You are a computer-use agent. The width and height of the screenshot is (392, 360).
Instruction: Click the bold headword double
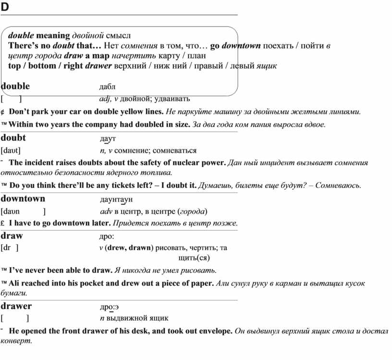(x=15, y=87)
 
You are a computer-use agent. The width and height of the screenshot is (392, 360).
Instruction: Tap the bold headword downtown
(x=23, y=199)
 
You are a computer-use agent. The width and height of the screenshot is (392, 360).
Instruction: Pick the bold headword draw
(x=12, y=236)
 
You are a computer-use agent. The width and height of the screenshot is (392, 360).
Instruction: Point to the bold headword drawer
(x=16, y=306)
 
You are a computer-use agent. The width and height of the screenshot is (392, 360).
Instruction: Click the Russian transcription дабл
(x=107, y=87)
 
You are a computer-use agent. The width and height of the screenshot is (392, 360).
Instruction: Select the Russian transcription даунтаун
(x=116, y=199)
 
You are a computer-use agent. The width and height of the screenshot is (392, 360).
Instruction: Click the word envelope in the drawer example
(x=214, y=331)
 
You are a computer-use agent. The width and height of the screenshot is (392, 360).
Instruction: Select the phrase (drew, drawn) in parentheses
(x=128, y=248)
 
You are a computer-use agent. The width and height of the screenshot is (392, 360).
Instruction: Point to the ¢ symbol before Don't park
(x=3, y=112)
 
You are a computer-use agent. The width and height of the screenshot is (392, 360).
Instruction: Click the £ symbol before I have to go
(x=3, y=223)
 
